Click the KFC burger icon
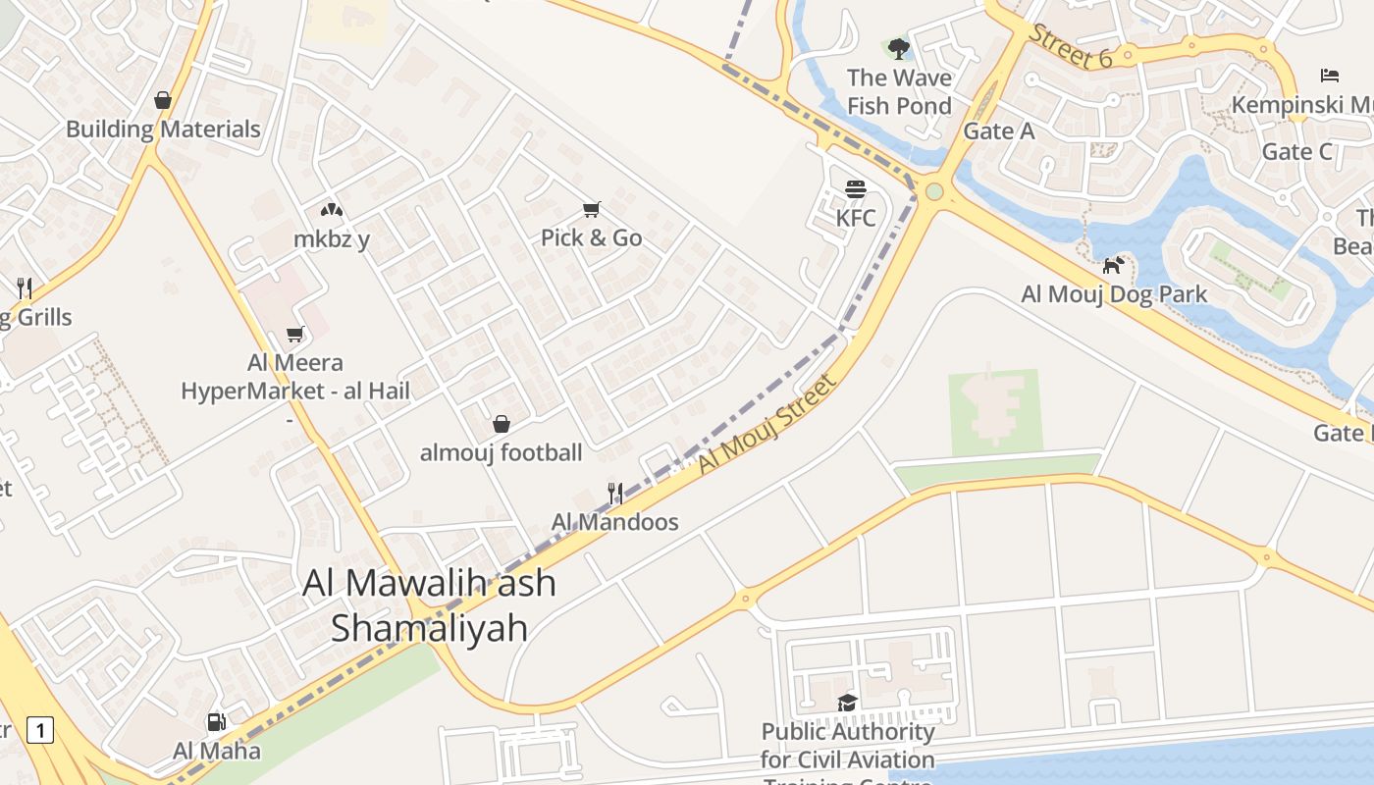pyautogui.click(x=856, y=188)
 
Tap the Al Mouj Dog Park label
pyautogui.click(x=1114, y=293)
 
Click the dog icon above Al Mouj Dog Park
pyautogui.click(x=1113, y=265)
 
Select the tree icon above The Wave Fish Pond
pyautogui.click(x=898, y=48)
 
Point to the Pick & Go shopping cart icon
pyautogui.click(x=591, y=209)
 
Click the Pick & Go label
pyautogui.click(x=591, y=237)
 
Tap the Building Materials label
pyautogui.click(x=163, y=129)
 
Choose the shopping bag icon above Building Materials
pyautogui.click(x=163, y=100)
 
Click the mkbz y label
pyautogui.click(x=332, y=238)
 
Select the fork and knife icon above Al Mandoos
pyautogui.click(x=615, y=493)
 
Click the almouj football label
pyautogui.click(x=501, y=452)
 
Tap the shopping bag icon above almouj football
pyautogui.click(x=501, y=424)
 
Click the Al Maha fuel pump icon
pyautogui.click(x=216, y=722)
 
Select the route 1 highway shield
pyautogui.click(x=40, y=730)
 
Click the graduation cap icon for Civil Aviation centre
pyautogui.click(x=847, y=703)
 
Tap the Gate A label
pyautogui.click(x=999, y=131)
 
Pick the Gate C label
pyautogui.click(x=1297, y=151)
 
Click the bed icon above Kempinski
pyautogui.click(x=1330, y=76)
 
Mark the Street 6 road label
pyautogui.click(x=1071, y=47)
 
